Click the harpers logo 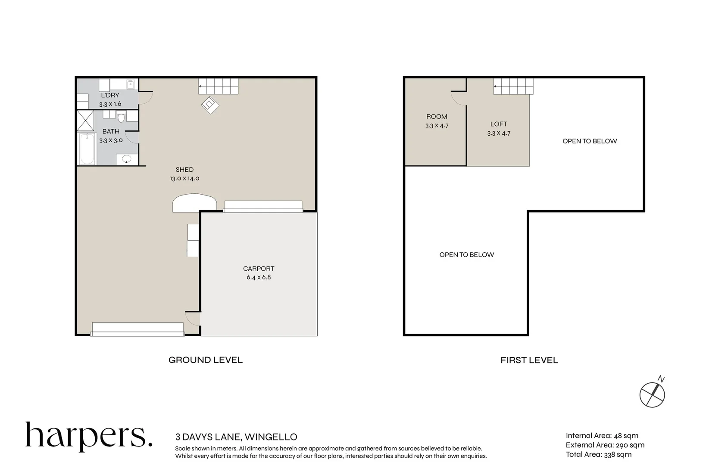(x=89, y=437)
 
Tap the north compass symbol (x=653, y=394)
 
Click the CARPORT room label (x=259, y=269)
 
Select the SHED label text (x=184, y=170)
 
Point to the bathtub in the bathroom (x=87, y=149)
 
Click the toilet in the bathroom (x=121, y=117)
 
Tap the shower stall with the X (x=85, y=121)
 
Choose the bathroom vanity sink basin (x=127, y=159)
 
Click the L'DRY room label (x=110, y=95)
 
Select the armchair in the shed (x=210, y=105)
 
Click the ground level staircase (x=219, y=86)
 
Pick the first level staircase (x=514, y=86)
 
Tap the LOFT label (x=499, y=124)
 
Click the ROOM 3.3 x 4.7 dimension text (x=437, y=126)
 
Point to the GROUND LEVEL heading (x=206, y=360)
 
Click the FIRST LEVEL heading (x=529, y=360)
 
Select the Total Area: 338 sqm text (x=598, y=454)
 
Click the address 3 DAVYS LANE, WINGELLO (x=236, y=437)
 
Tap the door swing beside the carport (x=193, y=318)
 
